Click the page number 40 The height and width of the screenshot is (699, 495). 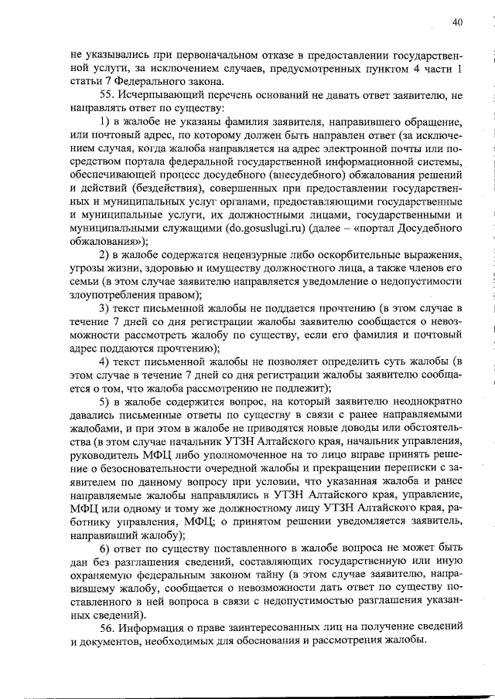click(457, 23)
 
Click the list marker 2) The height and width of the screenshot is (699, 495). click(107, 256)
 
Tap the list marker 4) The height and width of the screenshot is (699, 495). click(107, 362)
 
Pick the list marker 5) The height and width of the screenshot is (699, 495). click(107, 402)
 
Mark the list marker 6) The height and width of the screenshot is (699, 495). click(107, 548)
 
